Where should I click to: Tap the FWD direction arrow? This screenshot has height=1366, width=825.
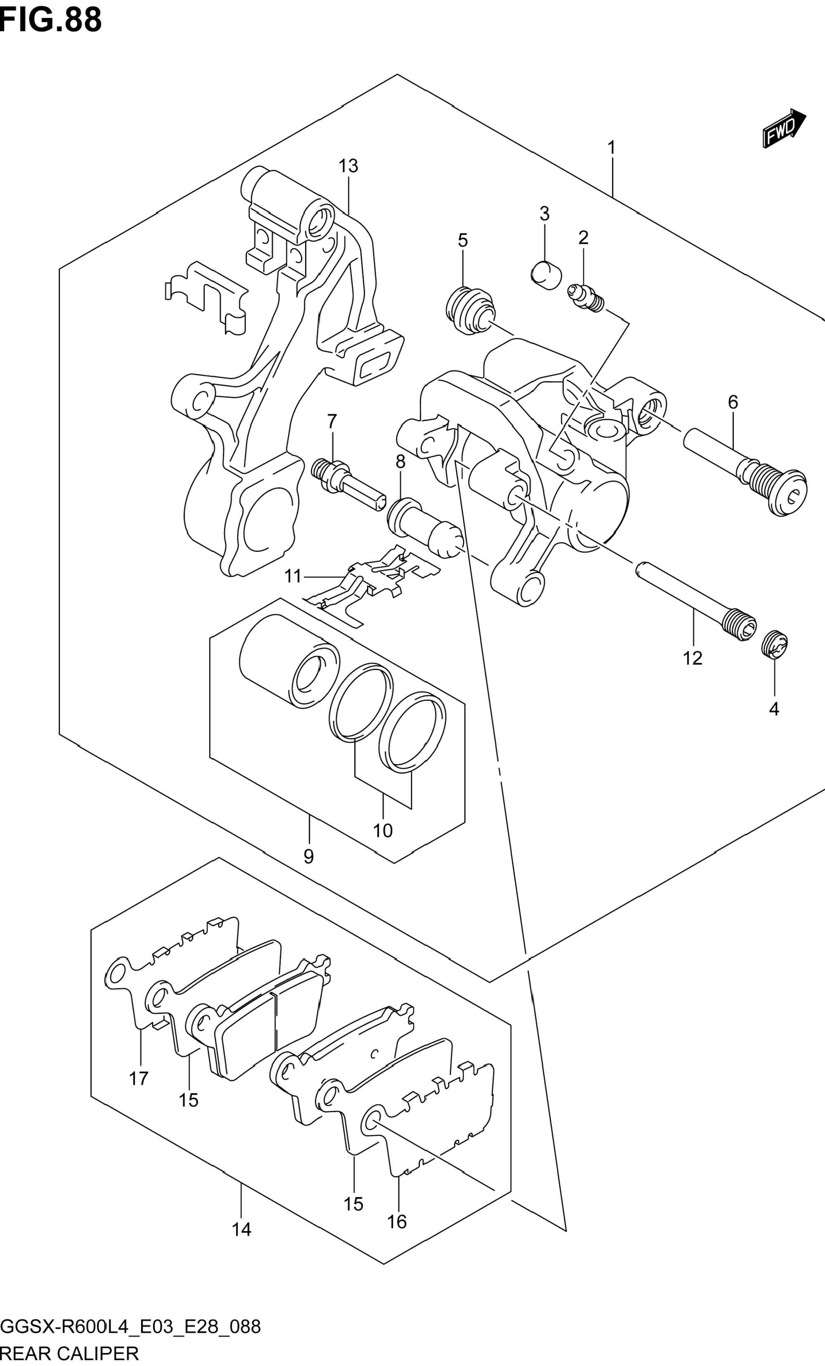click(784, 129)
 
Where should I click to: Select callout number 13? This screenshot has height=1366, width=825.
click(349, 166)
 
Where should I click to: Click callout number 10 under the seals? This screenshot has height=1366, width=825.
click(383, 830)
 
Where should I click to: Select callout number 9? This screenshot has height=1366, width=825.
click(309, 857)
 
